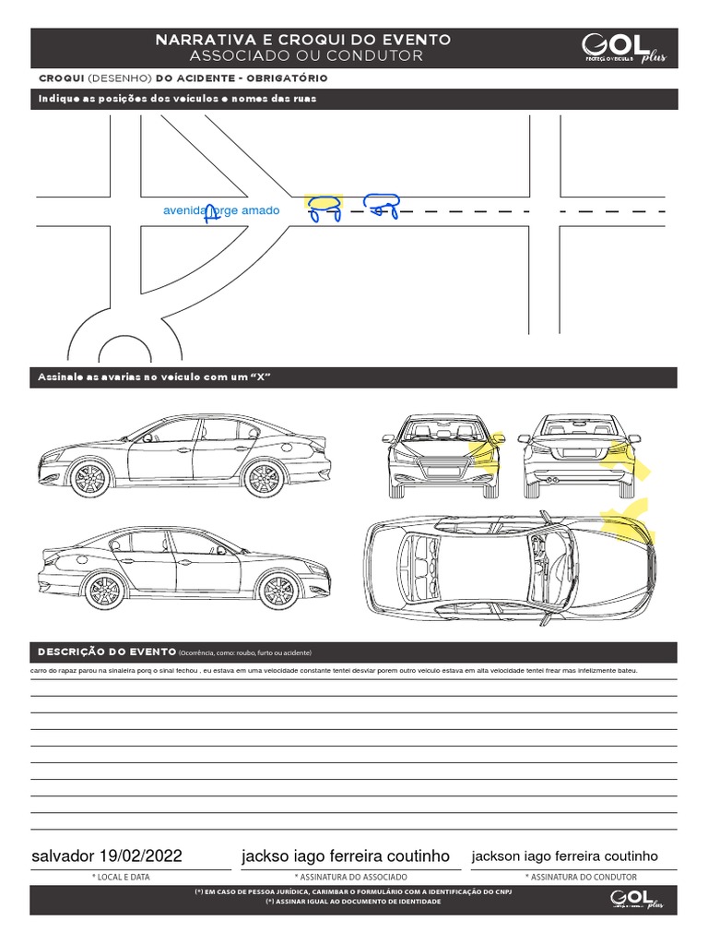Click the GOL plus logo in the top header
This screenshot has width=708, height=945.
point(624,49)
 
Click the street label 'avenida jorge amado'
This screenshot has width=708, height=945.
point(221,210)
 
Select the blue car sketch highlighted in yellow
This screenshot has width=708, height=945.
point(323,209)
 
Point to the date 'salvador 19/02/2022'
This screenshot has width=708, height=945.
point(107,855)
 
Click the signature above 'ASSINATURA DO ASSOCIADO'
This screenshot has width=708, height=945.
point(345,855)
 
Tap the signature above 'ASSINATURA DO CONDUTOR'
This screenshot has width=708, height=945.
point(564,855)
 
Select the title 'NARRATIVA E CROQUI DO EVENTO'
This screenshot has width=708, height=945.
point(303,41)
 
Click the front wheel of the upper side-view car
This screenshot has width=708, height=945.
point(89,478)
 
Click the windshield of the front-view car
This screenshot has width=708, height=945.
point(437,429)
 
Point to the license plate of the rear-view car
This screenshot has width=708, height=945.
point(578,452)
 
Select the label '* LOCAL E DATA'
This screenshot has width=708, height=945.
point(121,877)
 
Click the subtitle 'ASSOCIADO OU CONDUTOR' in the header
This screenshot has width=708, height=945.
point(303,56)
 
